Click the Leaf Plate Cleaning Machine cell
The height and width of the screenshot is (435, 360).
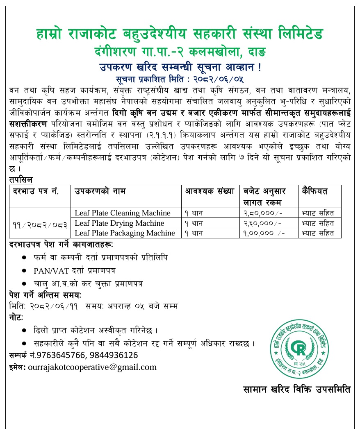tap(122, 213)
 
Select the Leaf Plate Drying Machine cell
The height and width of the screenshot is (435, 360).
tap(119, 223)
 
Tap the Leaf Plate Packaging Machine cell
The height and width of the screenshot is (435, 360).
tap(125, 233)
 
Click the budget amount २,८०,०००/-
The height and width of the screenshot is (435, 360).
tap(262, 213)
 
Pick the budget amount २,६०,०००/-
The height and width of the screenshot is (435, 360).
tap(262, 223)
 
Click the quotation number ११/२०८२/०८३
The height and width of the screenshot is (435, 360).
tap(39, 223)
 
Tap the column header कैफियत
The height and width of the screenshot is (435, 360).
tap(315, 191)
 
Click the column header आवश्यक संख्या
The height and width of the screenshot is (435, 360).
tap(210, 191)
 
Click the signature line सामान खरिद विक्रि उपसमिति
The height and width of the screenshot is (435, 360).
tap(296, 390)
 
